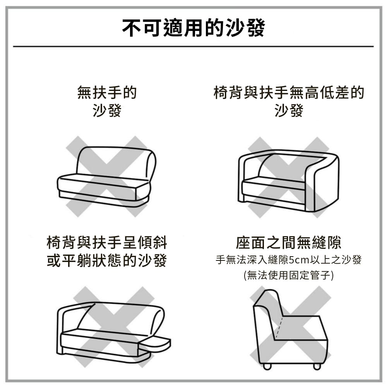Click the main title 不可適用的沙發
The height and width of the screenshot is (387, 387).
coord(193,27)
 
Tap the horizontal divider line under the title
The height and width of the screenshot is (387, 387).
coord(193,46)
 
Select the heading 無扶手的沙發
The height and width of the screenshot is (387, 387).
coord(107,101)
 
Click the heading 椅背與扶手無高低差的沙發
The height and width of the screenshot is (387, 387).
coord(289,101)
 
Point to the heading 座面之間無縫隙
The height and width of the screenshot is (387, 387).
coord(289,242)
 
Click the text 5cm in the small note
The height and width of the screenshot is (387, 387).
coord(299,260)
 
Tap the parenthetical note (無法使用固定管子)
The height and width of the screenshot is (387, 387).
coord(289,275)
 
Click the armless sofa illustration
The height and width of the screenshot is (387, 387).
coord(107,176)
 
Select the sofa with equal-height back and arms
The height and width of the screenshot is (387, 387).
coord(289,181)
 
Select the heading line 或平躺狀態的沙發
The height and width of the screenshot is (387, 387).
coord(107,260)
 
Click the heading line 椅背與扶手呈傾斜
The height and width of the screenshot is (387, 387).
coord(107,242)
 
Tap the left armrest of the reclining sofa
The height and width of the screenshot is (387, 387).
coord(66,326)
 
